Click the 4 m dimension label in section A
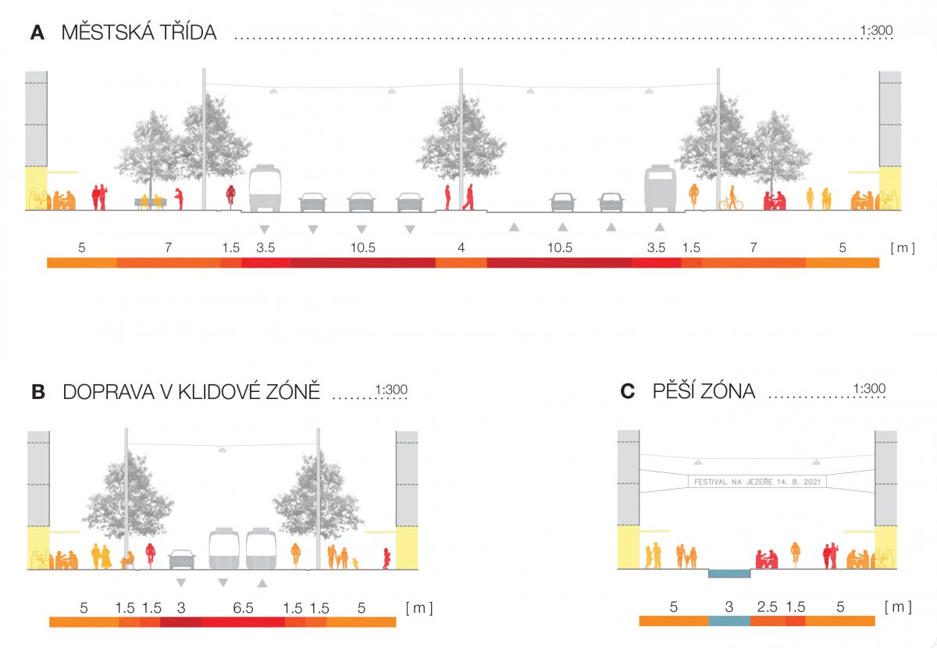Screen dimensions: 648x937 pos(461,247)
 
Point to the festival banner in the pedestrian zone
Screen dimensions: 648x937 pos(756,482)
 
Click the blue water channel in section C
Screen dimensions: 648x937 pos(729,574)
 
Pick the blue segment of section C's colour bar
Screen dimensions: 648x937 pos(729,621)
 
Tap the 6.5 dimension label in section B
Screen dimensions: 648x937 pos(244,607)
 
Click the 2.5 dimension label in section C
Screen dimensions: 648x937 pos(767,607)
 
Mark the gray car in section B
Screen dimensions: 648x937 pos(181,559)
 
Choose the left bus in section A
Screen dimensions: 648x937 pos(265,188)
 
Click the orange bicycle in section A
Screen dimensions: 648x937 pos(731,203)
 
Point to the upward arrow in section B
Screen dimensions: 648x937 pos(262,582)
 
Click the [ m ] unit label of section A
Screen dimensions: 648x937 pos(902,247)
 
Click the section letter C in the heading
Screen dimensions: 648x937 pos(627,392)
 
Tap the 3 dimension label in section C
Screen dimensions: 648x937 pos(729,607)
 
